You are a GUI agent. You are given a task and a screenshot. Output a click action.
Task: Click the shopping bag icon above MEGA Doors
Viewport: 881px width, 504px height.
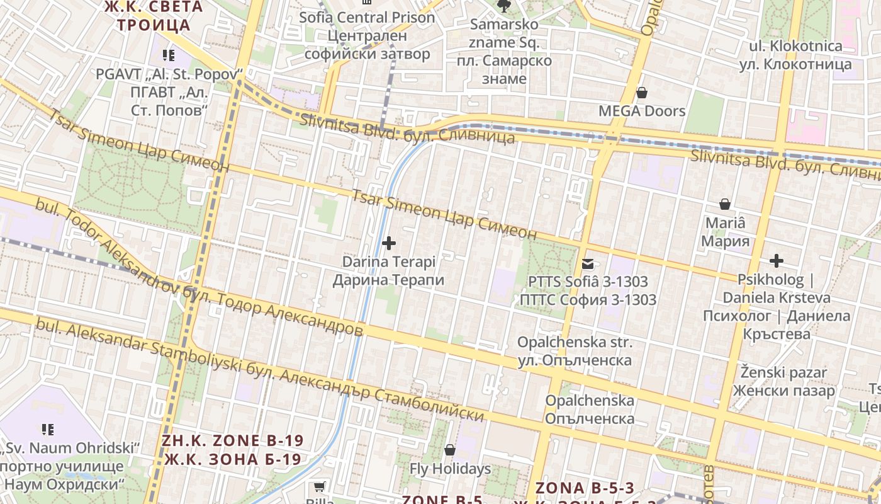coord(641,93)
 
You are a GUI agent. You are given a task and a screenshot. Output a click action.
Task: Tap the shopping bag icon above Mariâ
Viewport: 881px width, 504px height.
coord(725,204)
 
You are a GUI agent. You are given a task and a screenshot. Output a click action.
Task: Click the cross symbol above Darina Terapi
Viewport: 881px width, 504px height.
coord(389,243)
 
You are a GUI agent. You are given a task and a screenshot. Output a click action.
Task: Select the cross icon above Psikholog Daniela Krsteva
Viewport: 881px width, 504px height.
coord(777,261)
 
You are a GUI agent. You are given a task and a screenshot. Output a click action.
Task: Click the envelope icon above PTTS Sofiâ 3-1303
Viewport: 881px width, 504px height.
coord(587,264)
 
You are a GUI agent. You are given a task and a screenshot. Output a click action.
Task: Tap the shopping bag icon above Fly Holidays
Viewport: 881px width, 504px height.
coord(449,450)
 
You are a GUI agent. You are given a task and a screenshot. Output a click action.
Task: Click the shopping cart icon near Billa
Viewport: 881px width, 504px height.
coord(319,486)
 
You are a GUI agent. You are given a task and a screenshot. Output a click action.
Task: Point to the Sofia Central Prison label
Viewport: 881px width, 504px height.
coord(367,18)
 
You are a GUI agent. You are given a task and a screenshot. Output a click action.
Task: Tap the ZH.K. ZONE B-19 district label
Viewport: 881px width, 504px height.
coord(232,440)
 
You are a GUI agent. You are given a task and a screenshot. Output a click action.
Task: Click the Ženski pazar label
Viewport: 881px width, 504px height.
coord(783,373)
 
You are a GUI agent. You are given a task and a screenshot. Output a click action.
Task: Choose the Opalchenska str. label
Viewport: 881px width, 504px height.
coord(575,343)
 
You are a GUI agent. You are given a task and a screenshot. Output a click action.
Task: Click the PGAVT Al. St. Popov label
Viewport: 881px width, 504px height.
coord(169,74)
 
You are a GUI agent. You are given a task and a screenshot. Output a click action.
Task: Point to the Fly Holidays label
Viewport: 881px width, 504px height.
coord(450,469)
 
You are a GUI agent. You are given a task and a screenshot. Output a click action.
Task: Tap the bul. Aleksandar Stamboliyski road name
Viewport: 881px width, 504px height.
coord(138,348)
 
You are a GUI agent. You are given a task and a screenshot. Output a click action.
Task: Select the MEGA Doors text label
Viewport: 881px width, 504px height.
coord(641,112)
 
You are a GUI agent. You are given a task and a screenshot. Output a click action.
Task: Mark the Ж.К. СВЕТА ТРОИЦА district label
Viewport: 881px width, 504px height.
coord(154,16)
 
